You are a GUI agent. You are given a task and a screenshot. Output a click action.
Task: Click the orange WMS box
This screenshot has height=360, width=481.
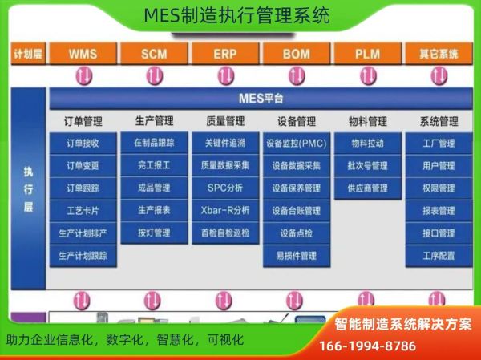pyautogui.click(x=83, y=54)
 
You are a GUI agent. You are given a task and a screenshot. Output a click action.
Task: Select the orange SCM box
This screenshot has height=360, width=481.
pyautogui.click(x=154, y=54)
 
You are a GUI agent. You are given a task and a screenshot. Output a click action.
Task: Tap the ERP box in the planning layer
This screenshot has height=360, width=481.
pyautogui.click(x=224, y=54)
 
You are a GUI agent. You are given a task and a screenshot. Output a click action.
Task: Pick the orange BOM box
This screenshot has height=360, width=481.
pyautogui.click(x=296, y=54)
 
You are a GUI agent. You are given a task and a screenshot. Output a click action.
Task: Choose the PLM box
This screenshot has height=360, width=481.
pyautogui.click(x=367, y=54)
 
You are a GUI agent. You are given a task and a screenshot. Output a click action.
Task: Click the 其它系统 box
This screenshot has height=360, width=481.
pyautogui.click(x=439, y=54)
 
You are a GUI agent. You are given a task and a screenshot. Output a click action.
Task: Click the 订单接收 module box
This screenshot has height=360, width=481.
pyautogui.click(x=83, y=144)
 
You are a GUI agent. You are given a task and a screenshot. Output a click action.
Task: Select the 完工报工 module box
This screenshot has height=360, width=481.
pyautogui.click(x=154, y=166)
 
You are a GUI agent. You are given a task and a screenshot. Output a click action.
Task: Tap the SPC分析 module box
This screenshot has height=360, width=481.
pyautogui.click(x=224, y=188)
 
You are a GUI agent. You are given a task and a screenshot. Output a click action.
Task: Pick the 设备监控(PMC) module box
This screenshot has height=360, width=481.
pyautogui.click(x=296, y=144)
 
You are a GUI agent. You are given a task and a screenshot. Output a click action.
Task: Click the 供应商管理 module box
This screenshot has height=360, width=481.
pyautogui.click(x=367, y=188)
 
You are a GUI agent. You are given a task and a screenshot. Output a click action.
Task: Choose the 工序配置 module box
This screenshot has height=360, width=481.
pyautogui.click(x=439, y=256)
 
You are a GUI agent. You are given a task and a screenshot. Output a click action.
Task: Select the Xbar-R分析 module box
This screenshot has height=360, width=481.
pyautogui.click(x=224, y=211)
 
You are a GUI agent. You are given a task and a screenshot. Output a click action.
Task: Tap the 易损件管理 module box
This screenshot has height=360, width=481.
pyautogui.click(x=296, y=256)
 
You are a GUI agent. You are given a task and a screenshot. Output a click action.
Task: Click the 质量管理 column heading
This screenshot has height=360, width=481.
pyautogui.click(x=224, y=122)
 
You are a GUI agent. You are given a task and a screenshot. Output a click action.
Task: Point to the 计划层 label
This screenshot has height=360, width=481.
pyautogui.click(x=27, y=55)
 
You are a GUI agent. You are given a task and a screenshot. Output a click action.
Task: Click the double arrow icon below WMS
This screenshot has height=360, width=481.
pyautogui.click(x=83, y=75)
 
